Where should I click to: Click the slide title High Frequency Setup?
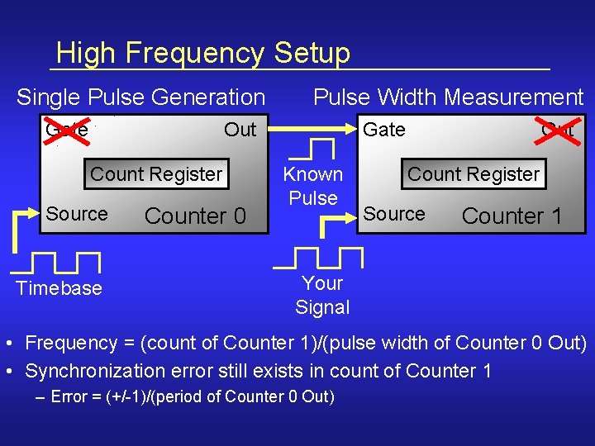click(203, 54)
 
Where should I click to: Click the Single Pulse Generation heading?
click(140, 97)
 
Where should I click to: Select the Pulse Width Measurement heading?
click(448, 97)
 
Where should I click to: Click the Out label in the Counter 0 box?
click(240, 130)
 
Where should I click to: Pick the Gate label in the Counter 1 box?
click(384, 130)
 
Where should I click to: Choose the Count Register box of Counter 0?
click(156, 174)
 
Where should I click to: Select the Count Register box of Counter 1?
click(474, 174)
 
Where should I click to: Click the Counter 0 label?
click(195, 216)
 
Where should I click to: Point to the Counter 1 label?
click(512, 216)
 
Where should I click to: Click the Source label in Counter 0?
click(77, 214)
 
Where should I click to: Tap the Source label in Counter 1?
click(394, 214)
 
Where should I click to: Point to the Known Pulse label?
click(313, 186)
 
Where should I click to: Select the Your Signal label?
click(322, 295)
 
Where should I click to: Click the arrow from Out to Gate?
click(309, 129)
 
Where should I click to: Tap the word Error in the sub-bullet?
click(69, 397)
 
